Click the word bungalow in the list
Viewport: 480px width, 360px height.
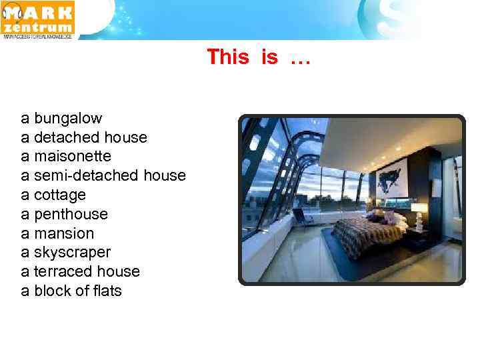68,119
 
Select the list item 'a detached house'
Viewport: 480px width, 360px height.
84,137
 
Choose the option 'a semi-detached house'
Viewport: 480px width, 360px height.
103,175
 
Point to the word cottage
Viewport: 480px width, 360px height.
60,195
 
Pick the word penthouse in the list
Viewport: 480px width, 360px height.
71,214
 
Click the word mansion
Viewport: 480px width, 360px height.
64,233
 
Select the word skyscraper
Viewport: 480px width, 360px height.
72,253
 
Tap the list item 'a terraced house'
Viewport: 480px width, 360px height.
80,271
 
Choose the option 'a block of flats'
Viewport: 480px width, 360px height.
71,291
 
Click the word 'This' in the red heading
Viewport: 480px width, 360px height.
227,57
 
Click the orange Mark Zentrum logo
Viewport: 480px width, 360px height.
39,20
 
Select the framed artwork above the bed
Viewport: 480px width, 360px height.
392,177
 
